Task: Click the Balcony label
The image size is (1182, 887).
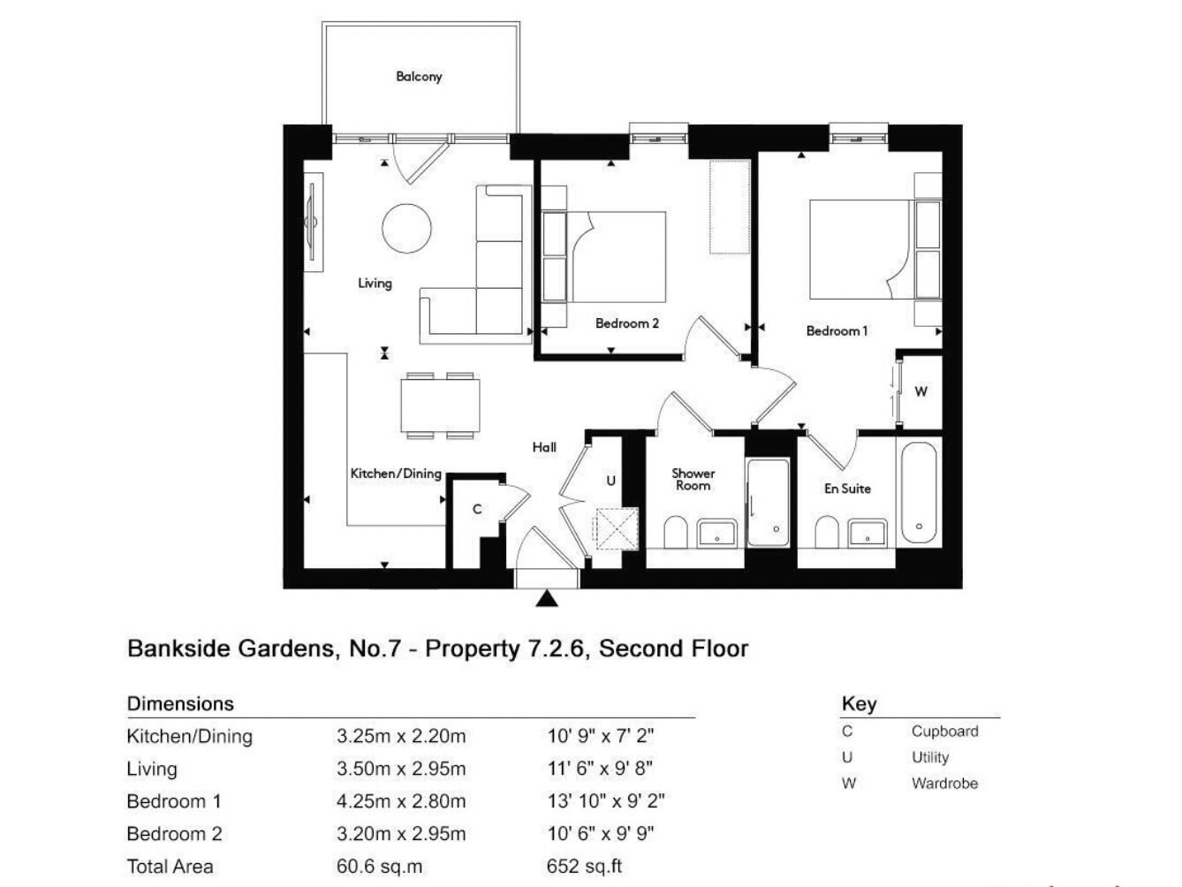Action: tap(419, 77)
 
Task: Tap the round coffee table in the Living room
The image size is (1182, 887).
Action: tap(406, 228)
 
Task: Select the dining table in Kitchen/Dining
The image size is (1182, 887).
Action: tap(440, 405)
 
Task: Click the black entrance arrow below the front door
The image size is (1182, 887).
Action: tap(547, 598)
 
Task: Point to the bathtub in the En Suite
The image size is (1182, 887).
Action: tap(919, 492)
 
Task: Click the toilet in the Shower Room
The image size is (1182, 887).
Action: tap(675, 532)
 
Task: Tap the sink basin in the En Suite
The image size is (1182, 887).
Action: tap(867, 533)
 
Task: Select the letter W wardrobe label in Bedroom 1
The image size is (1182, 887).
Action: tap(921, 391)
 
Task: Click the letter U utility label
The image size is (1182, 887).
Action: tap(610, 481)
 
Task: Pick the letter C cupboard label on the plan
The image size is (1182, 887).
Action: tap(477, 509)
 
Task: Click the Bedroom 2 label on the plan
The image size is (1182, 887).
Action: tap(627, 323)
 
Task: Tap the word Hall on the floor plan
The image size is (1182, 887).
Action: tap(544, 447)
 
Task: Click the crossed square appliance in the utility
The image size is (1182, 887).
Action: tap(617, 528)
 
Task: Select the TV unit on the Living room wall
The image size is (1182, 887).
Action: tap(314, 222)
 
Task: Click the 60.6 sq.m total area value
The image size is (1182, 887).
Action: tap(379, 867)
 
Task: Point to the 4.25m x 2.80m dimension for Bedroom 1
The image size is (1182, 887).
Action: tap(401, 801)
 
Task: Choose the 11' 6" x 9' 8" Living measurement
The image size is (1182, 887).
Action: tap(600, 769)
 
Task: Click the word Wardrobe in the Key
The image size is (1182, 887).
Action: tap(944, 783)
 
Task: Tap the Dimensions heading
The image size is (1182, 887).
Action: tap(180, 704)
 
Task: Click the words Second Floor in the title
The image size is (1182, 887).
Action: tap(673, 648)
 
